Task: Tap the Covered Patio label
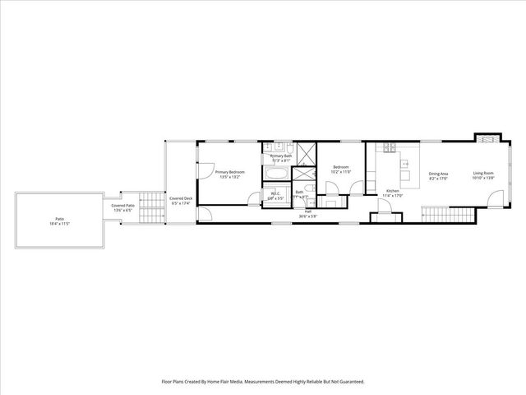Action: tap(123, 205)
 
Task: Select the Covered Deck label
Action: tap(181, 197)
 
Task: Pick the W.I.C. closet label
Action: tap(275, 194)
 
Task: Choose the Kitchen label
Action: tap(393, 191)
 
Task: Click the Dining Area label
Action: tap(438, 173)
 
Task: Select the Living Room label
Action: tap(482, 173)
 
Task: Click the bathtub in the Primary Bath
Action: tap(277, 174)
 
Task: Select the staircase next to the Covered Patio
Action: tap(149, 202)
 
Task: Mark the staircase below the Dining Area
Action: tap(449, 215)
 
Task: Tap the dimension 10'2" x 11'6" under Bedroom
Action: tap(342, 172)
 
